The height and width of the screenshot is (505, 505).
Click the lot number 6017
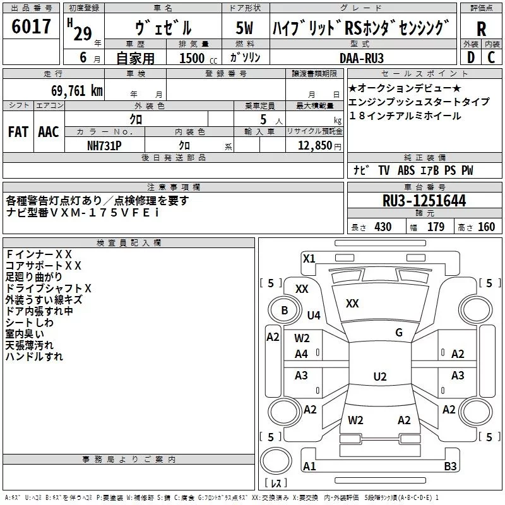pos(32,27)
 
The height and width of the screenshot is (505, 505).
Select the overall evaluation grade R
pos(481,29)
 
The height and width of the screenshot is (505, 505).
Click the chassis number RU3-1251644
pos(425,201)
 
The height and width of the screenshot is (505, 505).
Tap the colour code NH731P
pos(104,145)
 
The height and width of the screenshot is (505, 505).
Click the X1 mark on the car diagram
pos(309,258)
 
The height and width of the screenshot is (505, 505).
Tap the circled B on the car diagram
pos(284,310)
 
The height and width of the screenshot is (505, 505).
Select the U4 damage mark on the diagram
pos(314,315)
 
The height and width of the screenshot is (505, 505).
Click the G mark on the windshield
pos(398,333)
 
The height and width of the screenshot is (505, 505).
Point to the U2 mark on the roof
pos(379,377)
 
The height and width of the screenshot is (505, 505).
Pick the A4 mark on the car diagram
pos(302,354)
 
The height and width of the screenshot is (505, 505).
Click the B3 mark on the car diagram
pos(450,466)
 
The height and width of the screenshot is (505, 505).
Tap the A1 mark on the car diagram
pos(309,466)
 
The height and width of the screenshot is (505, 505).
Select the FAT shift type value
pos(18,132)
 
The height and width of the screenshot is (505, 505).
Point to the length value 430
pos(383,227)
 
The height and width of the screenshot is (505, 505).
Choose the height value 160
pos(486,227)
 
